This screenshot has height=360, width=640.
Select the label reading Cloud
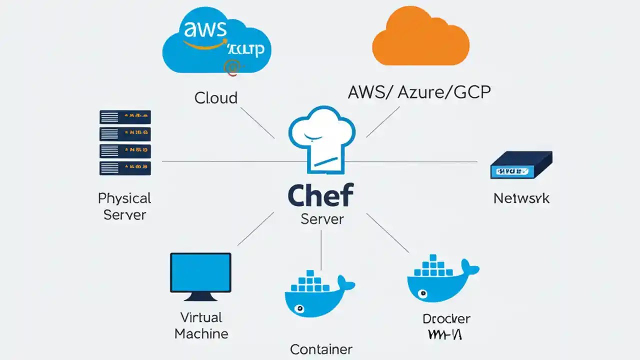coord(215,97)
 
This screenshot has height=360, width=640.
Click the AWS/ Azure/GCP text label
coord(419,92)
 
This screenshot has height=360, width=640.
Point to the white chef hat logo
coord(321,137)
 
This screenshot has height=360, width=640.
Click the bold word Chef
coord(320,194)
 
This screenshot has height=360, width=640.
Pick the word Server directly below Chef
coord(322,218)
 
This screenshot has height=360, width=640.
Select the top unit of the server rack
coord(125,117)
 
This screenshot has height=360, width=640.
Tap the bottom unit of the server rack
coord(125,167)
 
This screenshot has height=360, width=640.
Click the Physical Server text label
coord(124,206)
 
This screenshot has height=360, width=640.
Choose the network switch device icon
coord(521,165)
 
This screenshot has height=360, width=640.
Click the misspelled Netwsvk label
coord(521,198)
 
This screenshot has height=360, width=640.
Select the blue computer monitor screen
coord(200,272)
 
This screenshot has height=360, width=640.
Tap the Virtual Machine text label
coord(201,325)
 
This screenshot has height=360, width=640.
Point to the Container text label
coord(321,349)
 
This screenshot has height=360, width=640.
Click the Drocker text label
coord(446,318)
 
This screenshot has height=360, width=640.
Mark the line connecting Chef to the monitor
coord(255,228)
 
